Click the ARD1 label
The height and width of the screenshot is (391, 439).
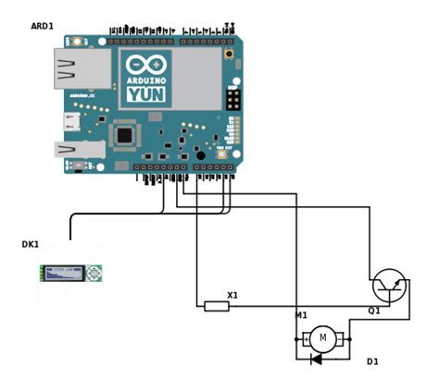(43, 27)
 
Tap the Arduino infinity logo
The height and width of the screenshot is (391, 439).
(144, 66)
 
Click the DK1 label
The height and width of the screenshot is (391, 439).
(31, 244)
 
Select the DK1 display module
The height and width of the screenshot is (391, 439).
(70, 273)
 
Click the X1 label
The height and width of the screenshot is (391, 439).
(232, 296)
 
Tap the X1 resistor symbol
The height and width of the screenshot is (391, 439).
(217, 306)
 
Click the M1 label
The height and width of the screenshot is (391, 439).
(301, 316)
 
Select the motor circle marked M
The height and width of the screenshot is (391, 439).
(322, 338)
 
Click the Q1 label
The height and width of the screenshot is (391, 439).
(375, 311)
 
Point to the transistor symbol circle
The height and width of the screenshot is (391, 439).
(387, 286)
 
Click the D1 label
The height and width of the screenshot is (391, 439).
(372, 361)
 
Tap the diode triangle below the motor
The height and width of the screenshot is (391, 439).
(316, 359)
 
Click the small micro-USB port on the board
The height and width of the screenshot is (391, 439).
(69, 120)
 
